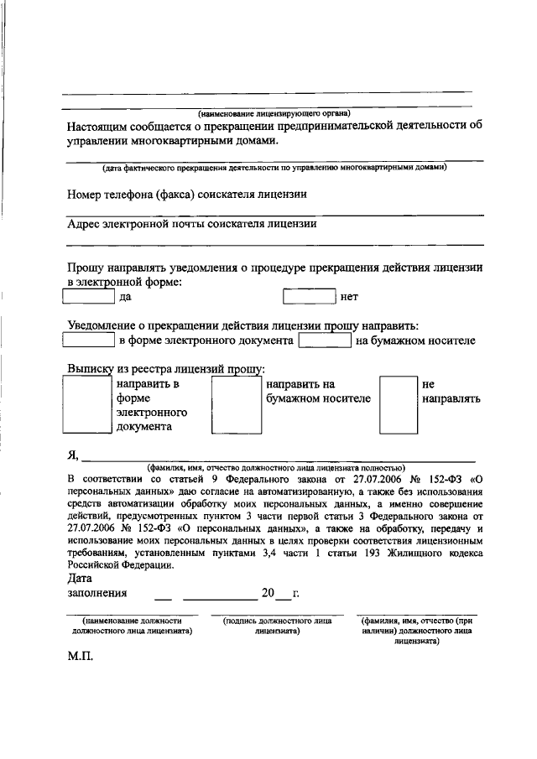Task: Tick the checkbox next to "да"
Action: tap(89, 296)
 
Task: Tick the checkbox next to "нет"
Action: tap(309, 296)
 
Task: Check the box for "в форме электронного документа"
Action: tap(89, 341)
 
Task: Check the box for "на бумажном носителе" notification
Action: tap(325, 341)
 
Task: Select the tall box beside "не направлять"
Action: tap(399, 404)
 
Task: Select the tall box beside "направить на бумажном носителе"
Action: tap(236, 404)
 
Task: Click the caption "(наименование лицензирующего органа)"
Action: tap(274, 112)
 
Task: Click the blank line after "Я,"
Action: tap(277, 456)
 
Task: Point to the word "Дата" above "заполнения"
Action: tap(80, 578)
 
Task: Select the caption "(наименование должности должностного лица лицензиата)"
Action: tap(133, 626)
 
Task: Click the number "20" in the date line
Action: tap(268, 593)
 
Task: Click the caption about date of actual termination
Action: tap(274, 168)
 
